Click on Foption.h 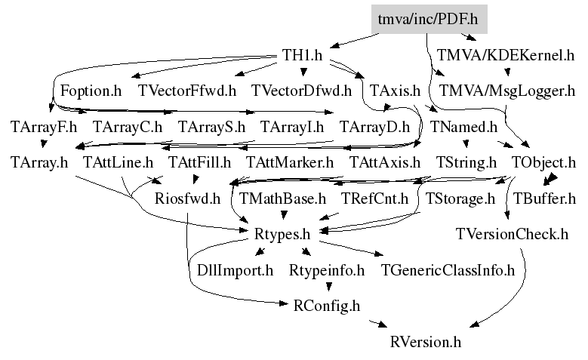point(91,91)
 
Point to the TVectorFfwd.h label point(188,91)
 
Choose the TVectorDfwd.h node point(302,91)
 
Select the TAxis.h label point(395,91)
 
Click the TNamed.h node point(463,126)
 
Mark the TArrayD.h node point(374,126)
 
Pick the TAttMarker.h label point(290,162)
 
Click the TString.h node point(466,162)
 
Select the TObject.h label point(543,162)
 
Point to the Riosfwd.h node point(186,198)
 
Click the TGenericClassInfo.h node point(448,269)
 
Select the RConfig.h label point(326,306)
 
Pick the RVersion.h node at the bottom point(426,341)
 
